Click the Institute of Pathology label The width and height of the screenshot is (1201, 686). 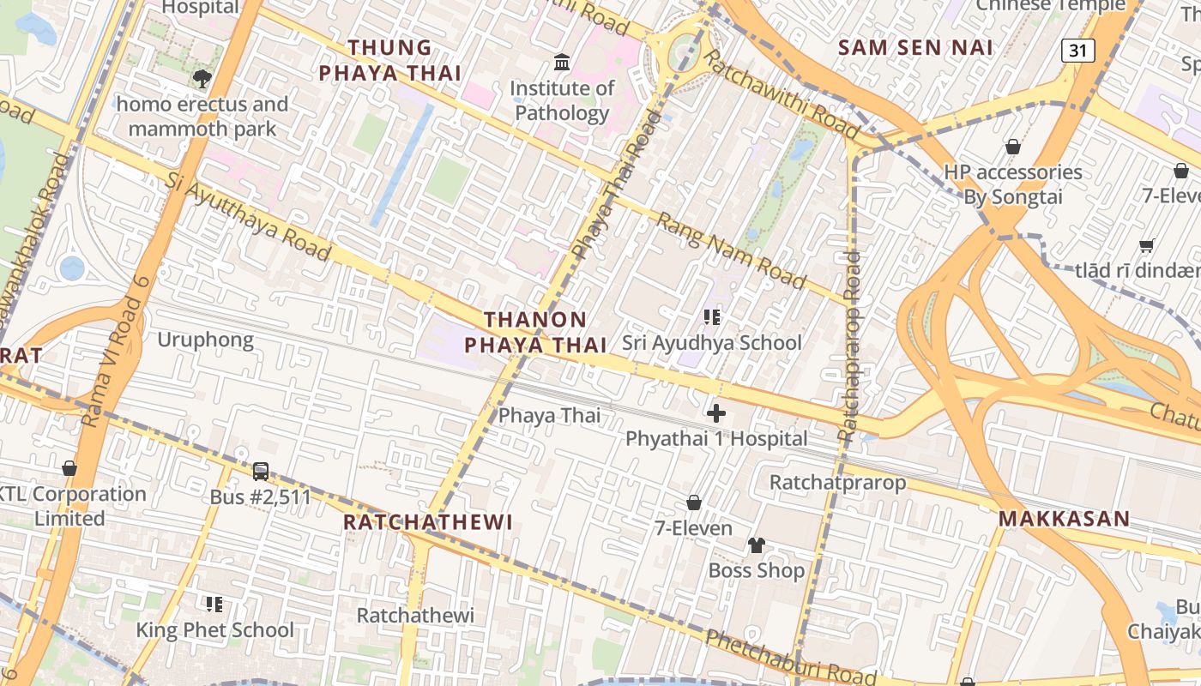pos(562,100)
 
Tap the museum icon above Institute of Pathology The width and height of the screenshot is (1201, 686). pos(563,62)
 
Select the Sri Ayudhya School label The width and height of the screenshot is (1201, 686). pos(712,343)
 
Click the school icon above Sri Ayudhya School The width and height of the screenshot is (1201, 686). pos(712,317)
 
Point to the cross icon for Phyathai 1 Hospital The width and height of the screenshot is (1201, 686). pos(715,413)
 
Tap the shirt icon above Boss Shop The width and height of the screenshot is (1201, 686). pos(756,545)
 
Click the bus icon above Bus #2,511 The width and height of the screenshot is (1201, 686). pos(261,471)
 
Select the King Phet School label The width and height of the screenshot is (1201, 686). pos(214,630)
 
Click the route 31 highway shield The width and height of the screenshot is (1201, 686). pos(1077,51)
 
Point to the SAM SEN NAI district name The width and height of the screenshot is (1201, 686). pos(915,47)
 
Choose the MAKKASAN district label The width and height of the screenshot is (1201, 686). pos(1064,519)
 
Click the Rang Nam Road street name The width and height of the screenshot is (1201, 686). pos(732,251)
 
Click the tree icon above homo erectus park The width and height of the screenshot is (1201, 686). pos(202,79)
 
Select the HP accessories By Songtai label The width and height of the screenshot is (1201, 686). pos(1013,184)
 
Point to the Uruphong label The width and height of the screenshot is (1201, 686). pos(205,340)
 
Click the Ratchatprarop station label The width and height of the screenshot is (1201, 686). pos(837,482)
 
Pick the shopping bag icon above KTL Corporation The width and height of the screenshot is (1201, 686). pos(69,468)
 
